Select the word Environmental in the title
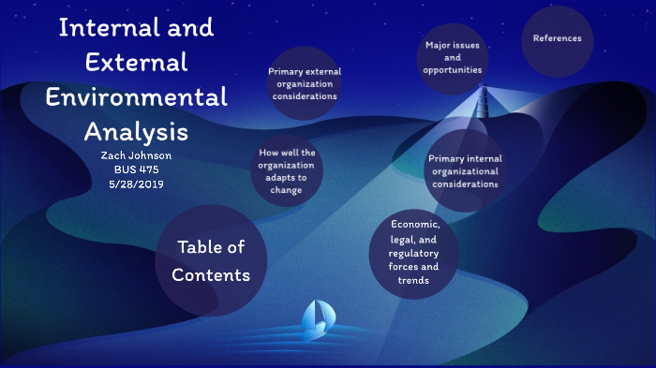pyautogui.click(x=137, y=96)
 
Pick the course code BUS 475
pyautogui.click(x=138, y=169)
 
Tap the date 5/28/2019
pyautogui.click(x=138, y=184)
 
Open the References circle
pyautogui.click(x=557, y=39)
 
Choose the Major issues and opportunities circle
pyautogui.click(x=452, y=58)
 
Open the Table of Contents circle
pyautogui.click(x=211, y=260)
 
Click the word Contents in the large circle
pyautogui.click(x=211, y=275)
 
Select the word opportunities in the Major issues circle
pyautogui.click(x=452, y=70)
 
